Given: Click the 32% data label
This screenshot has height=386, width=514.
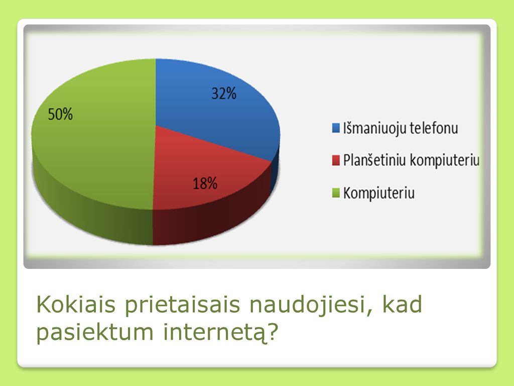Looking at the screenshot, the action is tap(224, 93).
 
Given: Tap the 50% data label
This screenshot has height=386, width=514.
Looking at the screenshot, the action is tap(60, 114).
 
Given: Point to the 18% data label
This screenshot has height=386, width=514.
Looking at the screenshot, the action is tap(205, 183).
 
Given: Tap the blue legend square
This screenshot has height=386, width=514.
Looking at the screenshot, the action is tap(336, 128).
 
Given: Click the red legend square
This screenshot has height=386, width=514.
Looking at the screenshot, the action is tap(336, 160).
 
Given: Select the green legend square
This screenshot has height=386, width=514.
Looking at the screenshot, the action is tap(336, 192).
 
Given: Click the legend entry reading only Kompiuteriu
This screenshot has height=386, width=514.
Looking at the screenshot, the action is tap(379, 193).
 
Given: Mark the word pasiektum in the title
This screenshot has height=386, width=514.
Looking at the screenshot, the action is tap(95, 333).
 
